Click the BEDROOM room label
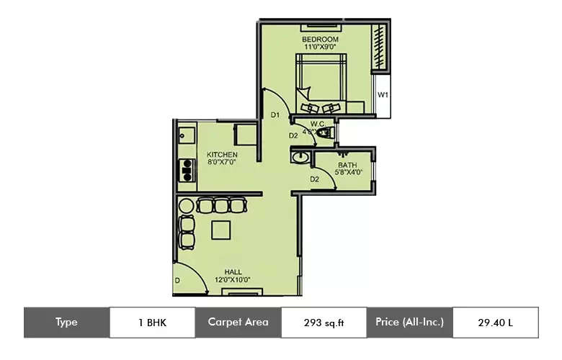319,38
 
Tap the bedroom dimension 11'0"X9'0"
319,47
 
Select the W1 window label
383,95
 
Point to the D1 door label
275,115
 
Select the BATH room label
347,165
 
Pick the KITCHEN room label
222,155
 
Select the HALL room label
233,271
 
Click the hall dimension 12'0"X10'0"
233,279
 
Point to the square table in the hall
221,230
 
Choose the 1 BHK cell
152,323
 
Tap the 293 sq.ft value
324,323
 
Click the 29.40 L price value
495,323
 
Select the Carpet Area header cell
238,323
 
